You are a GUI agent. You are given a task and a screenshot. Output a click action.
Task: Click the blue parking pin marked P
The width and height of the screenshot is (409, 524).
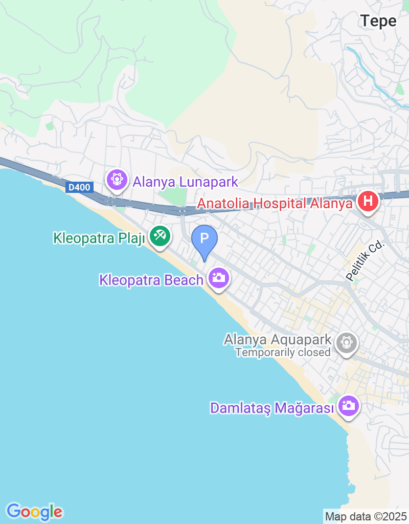point(204,239)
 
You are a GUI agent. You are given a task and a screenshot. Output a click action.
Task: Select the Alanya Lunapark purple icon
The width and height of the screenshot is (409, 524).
point(117,180)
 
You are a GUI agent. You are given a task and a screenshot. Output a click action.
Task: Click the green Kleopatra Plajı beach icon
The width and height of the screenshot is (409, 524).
point(161,236)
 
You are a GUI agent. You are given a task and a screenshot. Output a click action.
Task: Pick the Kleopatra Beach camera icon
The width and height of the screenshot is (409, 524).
point(219,278)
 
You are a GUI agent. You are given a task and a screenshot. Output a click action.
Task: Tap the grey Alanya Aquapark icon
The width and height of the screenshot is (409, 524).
point(347,341)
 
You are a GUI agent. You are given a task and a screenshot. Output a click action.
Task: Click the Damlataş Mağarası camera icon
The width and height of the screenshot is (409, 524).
point(349,406)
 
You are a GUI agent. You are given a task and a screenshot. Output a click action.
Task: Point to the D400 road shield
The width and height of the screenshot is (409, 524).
point(79,188)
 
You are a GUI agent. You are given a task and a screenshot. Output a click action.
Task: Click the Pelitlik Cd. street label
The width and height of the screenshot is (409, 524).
point(365,261)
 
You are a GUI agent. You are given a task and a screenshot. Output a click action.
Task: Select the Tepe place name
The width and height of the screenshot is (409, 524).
point(378,21)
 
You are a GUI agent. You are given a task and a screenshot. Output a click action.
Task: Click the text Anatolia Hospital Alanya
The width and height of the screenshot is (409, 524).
point(275,203)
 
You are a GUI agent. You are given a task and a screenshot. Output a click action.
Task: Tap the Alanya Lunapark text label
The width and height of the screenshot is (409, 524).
point(186,182)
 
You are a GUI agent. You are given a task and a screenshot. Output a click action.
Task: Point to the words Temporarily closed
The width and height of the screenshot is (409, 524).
point(283,353)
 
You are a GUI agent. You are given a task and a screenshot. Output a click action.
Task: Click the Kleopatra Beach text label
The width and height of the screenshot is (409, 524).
point(152,280)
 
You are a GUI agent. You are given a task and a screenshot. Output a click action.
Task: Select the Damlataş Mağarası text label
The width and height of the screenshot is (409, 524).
point(272,408)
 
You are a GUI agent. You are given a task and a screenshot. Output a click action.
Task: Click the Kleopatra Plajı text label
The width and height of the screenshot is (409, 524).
point(99,238)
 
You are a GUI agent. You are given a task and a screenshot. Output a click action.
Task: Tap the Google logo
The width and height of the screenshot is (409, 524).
point(34,511)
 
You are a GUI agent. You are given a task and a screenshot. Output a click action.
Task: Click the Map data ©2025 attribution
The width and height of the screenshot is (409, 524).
point(366,516)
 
